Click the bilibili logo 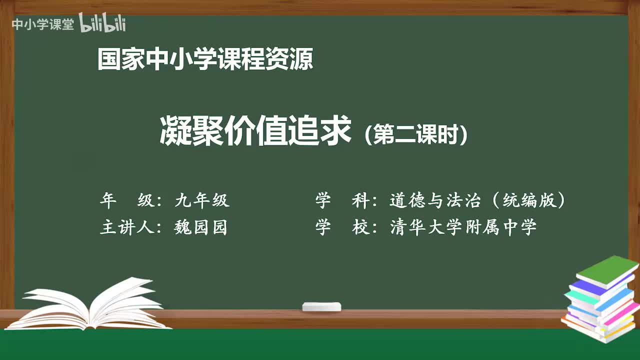(102, 24)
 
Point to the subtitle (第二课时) (416, 134)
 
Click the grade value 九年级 (202, 200)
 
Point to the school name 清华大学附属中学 (463, 227)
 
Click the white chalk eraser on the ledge (321, 306)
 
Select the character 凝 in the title (175, 131)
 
